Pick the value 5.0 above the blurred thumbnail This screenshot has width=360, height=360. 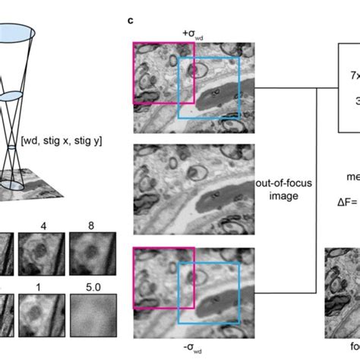tap(92, 289)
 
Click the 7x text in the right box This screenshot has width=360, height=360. tap(354, 76)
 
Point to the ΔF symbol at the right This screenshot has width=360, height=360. tap(346, 204)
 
